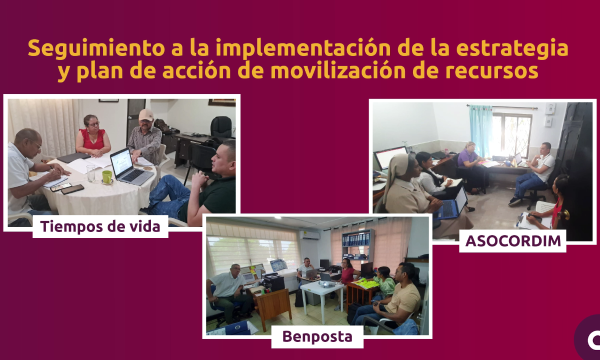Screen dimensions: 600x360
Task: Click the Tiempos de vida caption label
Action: pos(100,226)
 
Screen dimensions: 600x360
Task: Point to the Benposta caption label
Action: pos(317,336)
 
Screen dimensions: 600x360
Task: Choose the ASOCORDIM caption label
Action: pos(512,241)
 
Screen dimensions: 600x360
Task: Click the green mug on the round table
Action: pos(107,177)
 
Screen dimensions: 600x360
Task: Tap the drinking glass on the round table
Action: pos(91,173)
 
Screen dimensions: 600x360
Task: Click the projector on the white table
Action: pos(326,283)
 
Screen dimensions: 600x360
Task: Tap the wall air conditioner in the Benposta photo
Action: pos(309,235)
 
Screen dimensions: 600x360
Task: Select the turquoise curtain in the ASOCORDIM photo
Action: pos(481,130)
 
